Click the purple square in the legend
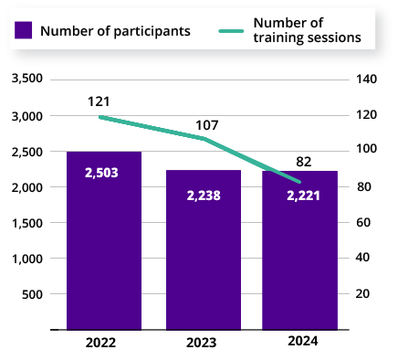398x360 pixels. pos(25,30)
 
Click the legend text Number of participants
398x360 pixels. pos(116,30)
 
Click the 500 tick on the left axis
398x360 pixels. pos(33,293)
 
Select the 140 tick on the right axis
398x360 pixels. pos(367,79)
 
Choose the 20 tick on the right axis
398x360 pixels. pos(364,293)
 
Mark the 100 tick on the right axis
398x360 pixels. pos(367,151)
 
